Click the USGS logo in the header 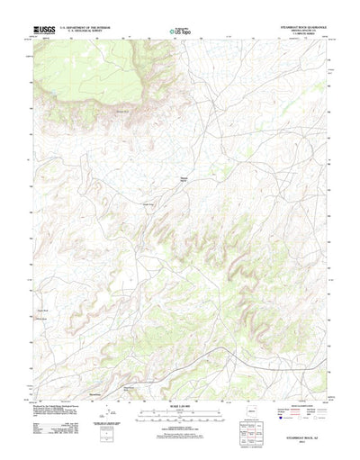tap(44, 31)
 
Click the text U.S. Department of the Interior tap(85, 28)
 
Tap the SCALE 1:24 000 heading tap(180, 387)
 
